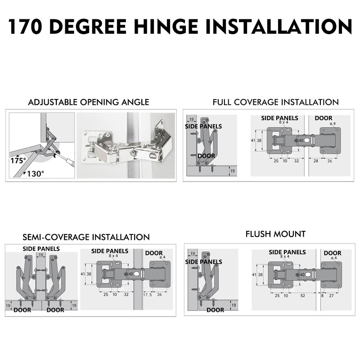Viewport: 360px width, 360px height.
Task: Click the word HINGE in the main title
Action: click(x=166, y=26)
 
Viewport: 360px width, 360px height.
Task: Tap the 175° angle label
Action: click(x=18, y=160)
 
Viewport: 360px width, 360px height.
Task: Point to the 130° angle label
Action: click(x=35, y=173)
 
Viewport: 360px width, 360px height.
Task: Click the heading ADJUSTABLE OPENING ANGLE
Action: click(x=89, y=102)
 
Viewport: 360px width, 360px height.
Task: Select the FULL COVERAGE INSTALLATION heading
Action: click(x=275, y=102)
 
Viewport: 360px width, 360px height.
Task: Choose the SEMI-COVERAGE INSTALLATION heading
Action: click(x=86, y=237)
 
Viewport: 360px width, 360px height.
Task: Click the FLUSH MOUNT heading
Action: click(x=275, y=234)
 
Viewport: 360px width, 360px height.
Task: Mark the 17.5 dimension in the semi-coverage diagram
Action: click(x=147, y=294)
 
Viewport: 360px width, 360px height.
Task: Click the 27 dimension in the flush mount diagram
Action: click(x=332, y=295)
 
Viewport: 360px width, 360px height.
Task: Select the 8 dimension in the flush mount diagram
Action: click(x=322, y=295)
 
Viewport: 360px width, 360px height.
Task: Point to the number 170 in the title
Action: click(x=27, y=26)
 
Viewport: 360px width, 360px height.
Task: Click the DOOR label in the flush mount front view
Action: click(x=333, y=253)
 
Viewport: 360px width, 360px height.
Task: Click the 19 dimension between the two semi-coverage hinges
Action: click(x=41, y=255)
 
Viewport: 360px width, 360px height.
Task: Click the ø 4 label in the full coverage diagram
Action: click(x=333, y=123)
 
